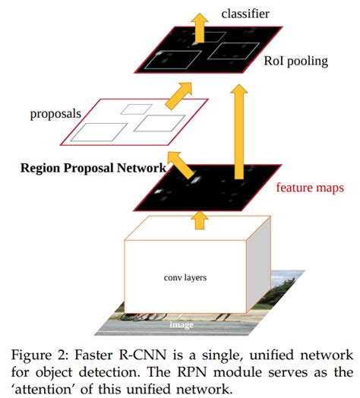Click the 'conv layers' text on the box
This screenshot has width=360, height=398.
[x=184, y=278]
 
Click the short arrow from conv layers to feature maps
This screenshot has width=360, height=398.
[x=199, y=220]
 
